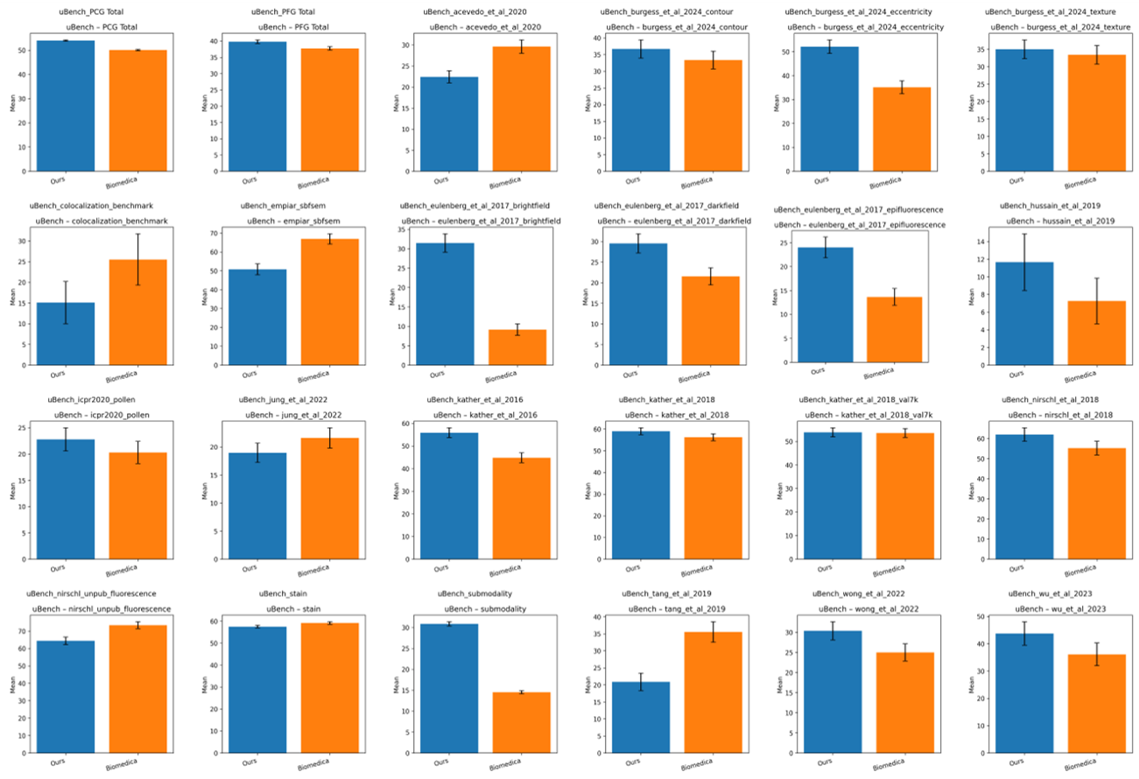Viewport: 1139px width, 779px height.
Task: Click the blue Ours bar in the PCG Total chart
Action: coord(66,105)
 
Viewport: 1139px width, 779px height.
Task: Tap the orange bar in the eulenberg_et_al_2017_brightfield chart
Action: coord(517,347)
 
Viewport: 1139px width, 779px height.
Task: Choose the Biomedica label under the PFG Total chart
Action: coord(309,186)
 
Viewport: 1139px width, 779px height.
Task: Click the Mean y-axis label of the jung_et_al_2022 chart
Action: coord(204,490)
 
